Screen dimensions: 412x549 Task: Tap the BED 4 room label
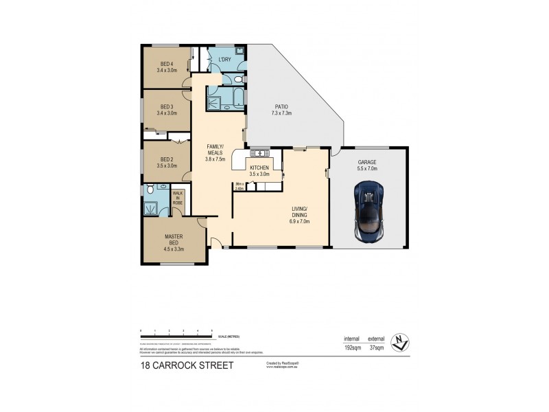coord(165,67)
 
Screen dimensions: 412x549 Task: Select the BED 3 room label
coord(165,110)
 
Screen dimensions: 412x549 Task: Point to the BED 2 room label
coord(165,163)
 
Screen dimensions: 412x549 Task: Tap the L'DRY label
coord(224,60)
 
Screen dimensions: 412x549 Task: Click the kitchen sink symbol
coord(261,153)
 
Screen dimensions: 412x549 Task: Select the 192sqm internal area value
coord(351,349)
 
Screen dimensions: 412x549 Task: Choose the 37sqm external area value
coord(376,349)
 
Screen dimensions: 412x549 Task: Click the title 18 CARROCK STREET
coord(186,365)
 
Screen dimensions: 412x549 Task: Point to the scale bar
coord(176,335)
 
